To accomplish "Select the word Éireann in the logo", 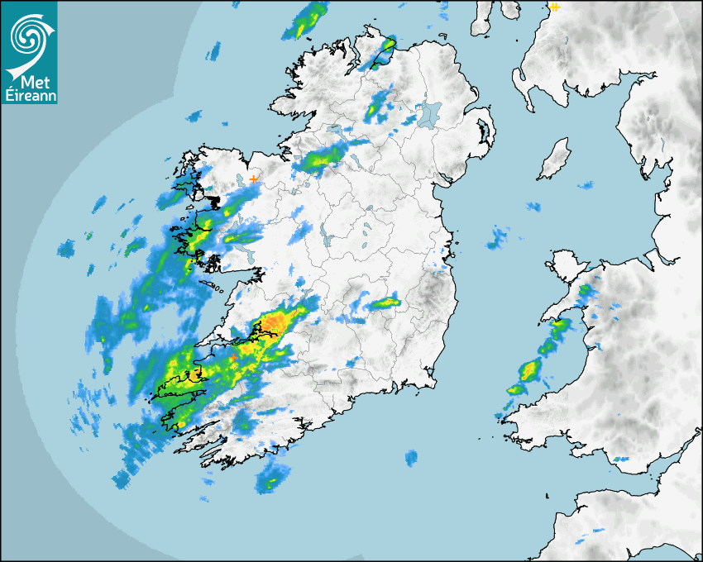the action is pos(29,96).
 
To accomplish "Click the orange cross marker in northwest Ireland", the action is pos(253,179).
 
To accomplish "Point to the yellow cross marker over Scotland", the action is pos(554,7).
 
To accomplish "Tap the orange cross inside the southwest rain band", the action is pos(234,357).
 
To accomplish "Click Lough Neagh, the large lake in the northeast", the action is pos(428,113).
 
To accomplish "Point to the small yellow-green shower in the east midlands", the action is pos(385,304).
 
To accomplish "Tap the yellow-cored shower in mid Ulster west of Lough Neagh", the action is pos(379,104).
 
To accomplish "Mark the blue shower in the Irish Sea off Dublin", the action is pos(497,240).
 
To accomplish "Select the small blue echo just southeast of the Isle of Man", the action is pos(586,186).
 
